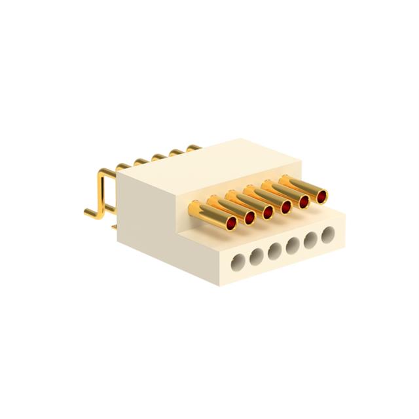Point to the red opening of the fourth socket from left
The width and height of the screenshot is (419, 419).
click(287, 206)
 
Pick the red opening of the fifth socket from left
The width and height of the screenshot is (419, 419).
click(304, 201)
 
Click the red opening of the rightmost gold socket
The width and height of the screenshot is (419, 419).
click(321, 196)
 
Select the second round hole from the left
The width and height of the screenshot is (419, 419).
click(257, 255)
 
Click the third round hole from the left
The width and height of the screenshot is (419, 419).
click(274, 249)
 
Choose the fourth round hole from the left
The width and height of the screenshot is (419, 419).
click(292, 243)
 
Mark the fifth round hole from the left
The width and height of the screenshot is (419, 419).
click(309, 237)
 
